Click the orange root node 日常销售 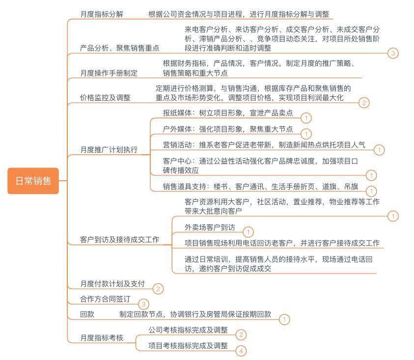33,181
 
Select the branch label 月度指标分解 102,14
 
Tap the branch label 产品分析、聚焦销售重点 120,48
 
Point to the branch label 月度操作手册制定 109,73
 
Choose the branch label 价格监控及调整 105,98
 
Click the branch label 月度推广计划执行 109,150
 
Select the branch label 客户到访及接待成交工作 120,240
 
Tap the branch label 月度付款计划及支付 112,284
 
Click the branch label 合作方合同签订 105,299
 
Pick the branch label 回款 87,314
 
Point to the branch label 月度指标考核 102,338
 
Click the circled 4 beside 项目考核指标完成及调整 241,351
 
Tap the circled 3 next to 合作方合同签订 143,304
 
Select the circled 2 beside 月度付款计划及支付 158,289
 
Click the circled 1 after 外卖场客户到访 248,232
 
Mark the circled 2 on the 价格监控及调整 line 364,103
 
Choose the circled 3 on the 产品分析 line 393,53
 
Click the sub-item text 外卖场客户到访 210,227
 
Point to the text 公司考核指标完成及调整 188,330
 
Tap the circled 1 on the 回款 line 284,319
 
